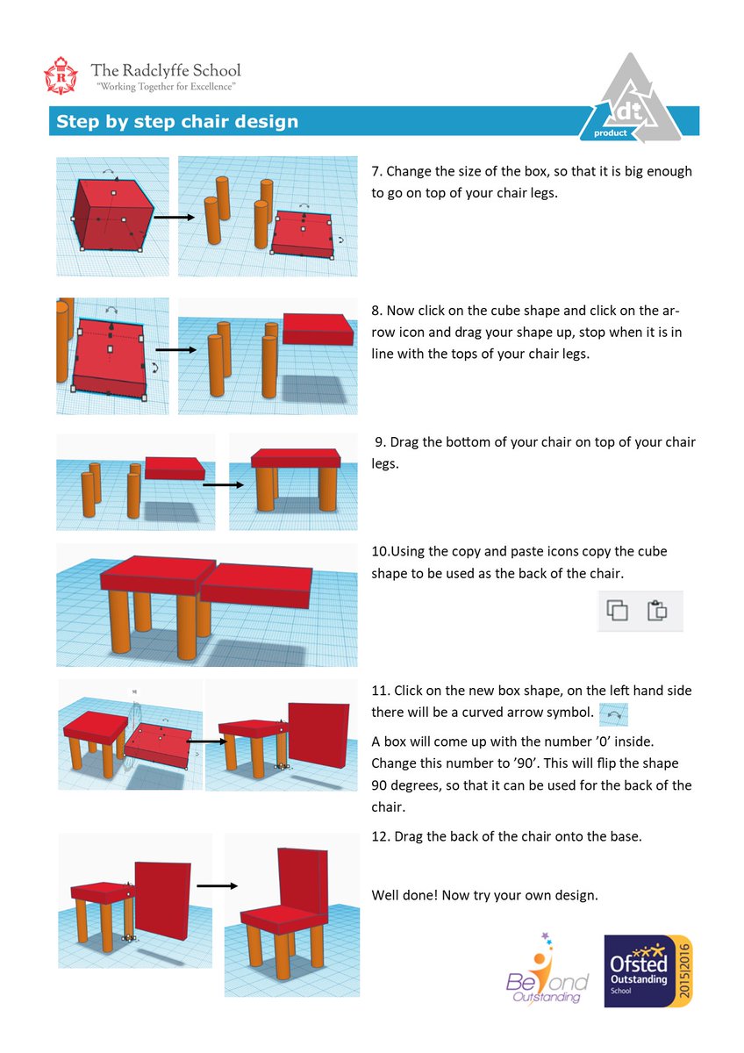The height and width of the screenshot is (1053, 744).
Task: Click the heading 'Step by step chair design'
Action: coord(177,122)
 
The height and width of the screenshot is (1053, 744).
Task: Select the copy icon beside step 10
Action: coord(618,610)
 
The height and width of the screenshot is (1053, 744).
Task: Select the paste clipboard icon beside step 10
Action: coord(657,610)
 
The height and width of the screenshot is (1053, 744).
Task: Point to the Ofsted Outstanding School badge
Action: coord(648,970)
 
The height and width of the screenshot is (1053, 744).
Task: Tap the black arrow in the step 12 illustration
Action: coord(217,885)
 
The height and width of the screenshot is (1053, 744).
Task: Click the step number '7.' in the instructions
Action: coord(377,171)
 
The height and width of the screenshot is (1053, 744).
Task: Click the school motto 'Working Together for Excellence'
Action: coord(165,87)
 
